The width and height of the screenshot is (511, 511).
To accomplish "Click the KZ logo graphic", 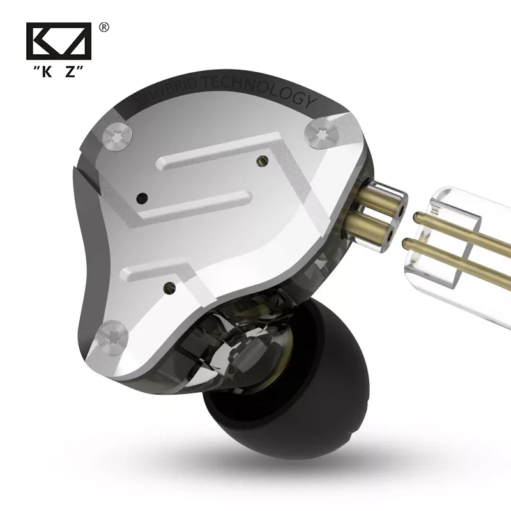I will [59, 43].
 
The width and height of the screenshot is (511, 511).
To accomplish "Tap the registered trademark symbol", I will [105, 27].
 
